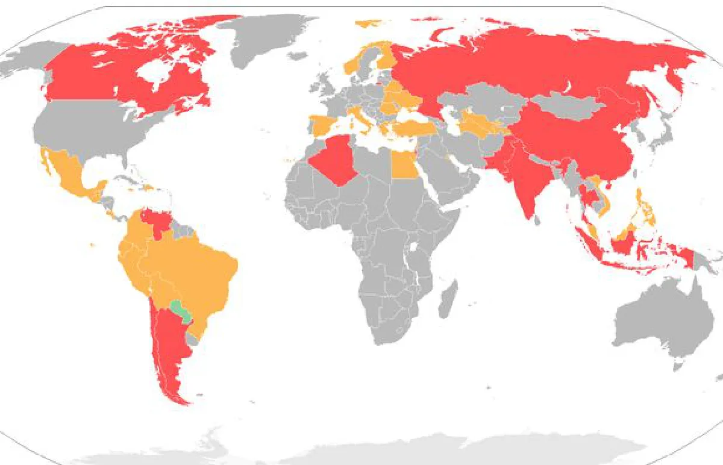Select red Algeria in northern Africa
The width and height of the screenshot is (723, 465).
(x=333, y=160)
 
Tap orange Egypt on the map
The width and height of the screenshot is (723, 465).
(x=404, y=164)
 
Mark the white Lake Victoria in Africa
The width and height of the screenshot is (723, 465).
(x=414, y=247)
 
